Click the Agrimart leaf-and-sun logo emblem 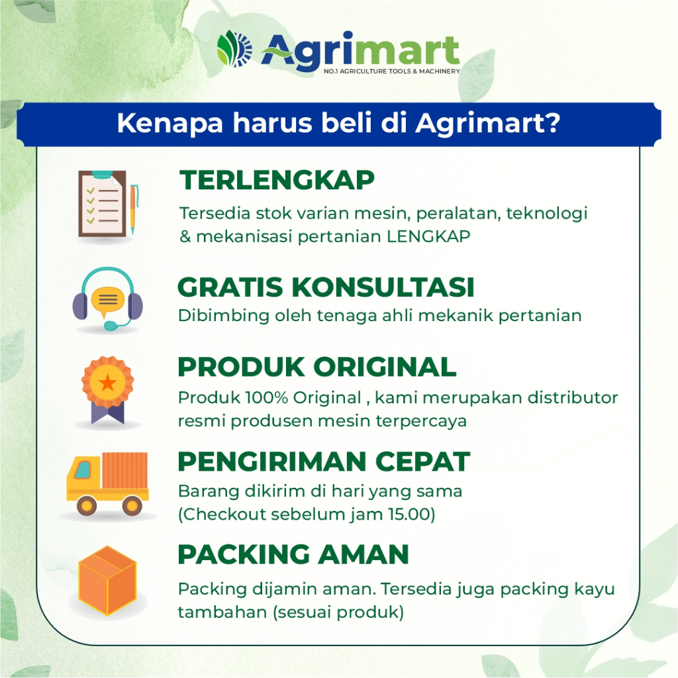pos(234,49)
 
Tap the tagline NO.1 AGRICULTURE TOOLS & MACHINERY pos(392,72)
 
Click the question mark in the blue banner pos(552,123)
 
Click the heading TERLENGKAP pos(277,180)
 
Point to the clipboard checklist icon pos(102,204)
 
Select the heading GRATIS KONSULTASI pos(326,287)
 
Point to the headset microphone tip pos(111,325)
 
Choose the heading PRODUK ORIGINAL pos(317,367)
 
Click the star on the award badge pos(107,382)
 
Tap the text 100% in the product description pos(266,398)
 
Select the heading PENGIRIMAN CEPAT pos(324,461)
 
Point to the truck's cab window pos(83,470)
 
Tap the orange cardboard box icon pos(107,580)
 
